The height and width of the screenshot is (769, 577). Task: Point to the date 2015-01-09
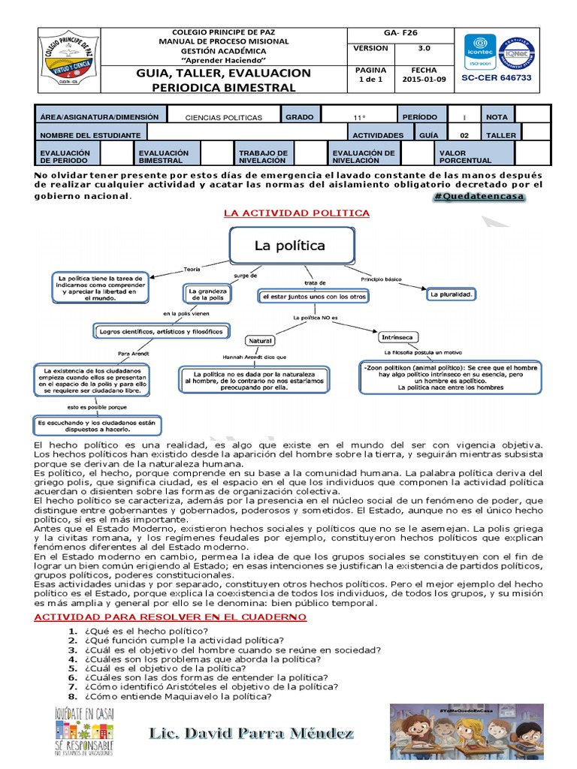coord(424,79)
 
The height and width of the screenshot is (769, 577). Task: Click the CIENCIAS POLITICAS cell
coord(224,118)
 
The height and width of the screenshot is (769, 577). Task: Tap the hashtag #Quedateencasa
coord(479,197)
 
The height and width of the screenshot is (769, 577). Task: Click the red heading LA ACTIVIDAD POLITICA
coord(297,213)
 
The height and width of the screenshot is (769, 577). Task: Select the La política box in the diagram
coord(290,246)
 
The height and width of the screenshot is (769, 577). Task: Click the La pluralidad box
coord(451,295)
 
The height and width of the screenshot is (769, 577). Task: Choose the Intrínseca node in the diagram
coord(399,336)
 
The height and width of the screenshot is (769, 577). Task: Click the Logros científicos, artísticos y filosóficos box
coord(158,330)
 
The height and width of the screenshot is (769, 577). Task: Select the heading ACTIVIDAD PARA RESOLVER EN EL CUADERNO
coord(171,617)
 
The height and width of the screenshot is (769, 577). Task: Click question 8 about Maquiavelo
coord(177,696)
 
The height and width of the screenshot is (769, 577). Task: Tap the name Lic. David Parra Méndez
coord(251,731)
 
